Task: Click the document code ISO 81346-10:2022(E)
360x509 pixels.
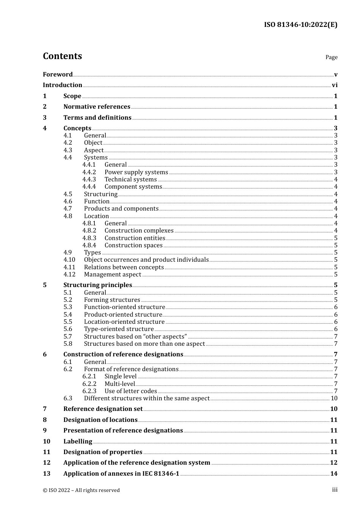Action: point(301,25)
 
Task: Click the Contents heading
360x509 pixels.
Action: point(62,56)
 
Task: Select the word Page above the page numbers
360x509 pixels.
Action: point(331,57)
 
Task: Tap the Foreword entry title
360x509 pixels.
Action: point(58,75)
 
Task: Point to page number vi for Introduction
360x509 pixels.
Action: point(335,85)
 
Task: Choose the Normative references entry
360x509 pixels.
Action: point(97,107)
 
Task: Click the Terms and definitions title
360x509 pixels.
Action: point(97,118)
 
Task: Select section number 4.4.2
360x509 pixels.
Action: point(89,172)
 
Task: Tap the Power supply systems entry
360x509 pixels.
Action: point(136,172)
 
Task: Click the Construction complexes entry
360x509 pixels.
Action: point(139,231)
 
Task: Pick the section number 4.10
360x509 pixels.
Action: point(69,260)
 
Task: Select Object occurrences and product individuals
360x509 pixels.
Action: point(146,260)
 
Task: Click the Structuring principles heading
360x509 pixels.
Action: point(98,285)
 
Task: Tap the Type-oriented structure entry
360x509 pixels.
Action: point(119,329)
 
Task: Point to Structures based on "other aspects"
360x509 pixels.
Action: point(135,337)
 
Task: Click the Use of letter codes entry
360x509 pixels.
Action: point(130,391)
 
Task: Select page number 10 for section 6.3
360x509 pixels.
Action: point(334,398)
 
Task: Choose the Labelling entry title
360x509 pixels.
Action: point(78,442)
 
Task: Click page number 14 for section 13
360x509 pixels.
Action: point(334,474)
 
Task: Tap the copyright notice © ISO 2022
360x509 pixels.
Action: point(81,490)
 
